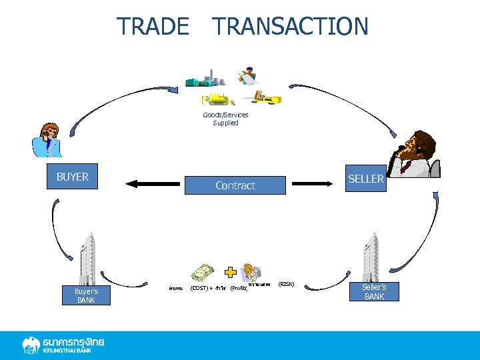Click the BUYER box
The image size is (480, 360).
coord(72,177)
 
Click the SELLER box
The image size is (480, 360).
coord(365,179)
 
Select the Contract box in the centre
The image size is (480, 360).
coord(235,185)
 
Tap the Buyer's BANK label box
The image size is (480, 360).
coord(85,295)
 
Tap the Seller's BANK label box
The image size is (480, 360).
coord(374,292)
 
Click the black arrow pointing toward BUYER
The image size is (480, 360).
coord(153,183)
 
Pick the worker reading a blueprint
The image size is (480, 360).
coord(249,75)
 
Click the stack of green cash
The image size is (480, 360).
coord(203,273)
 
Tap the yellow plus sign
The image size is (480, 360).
coord(230,272)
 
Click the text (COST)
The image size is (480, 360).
coord(198,289)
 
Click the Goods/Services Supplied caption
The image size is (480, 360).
coord(225,119)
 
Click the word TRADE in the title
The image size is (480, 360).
coord(153,27)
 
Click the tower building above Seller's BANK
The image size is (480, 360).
coord(371,257)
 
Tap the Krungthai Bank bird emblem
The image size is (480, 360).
coord(31,345)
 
